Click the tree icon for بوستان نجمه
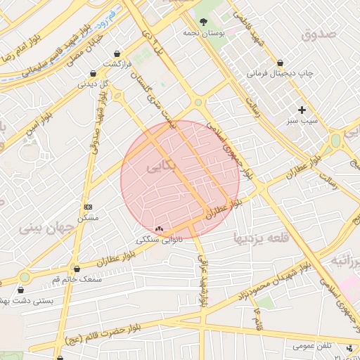click(204, 22)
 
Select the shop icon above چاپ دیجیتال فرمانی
click(281, 63)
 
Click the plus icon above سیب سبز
click(302, 110)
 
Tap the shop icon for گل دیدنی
click(94, 73)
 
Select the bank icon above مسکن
click(88, 207)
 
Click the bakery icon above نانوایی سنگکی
click(158, 229)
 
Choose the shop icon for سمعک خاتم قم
click(77, 268)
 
